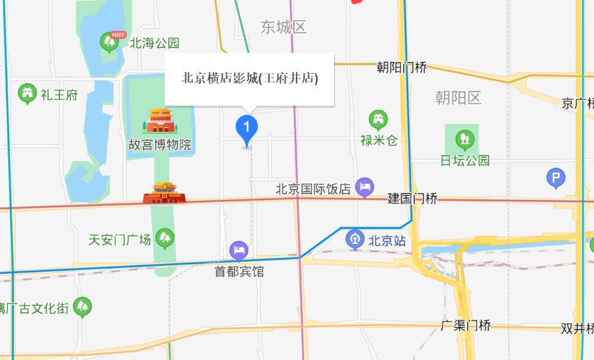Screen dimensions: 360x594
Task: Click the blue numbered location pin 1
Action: (x=246, y=128)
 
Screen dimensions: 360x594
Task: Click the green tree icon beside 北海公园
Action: (x=110, y=43)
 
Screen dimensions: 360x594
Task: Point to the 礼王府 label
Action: (x=58, y=94)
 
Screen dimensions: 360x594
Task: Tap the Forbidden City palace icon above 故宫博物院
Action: (x=160, y=120)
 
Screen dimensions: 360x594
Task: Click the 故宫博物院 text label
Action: (x=160, y=145)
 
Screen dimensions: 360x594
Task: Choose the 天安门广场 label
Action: (x=120, y=240)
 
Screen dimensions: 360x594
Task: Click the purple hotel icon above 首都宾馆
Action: (x=239, y=249)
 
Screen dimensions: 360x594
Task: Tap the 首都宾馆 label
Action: (x=240, y=271)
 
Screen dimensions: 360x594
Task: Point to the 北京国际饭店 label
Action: (x=313, y=188)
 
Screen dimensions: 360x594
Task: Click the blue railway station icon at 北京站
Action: (x=355, y=240)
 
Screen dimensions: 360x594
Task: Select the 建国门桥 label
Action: (x=412, y=199)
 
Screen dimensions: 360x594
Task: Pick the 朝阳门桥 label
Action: (x=402, y=68)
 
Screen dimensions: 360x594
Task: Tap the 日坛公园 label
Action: (x=464, y=160)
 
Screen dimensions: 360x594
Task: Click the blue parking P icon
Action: (x=556, y=179)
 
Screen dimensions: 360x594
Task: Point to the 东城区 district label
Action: (x=283, y=27)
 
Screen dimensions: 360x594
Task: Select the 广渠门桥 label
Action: (x=465, y=325)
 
